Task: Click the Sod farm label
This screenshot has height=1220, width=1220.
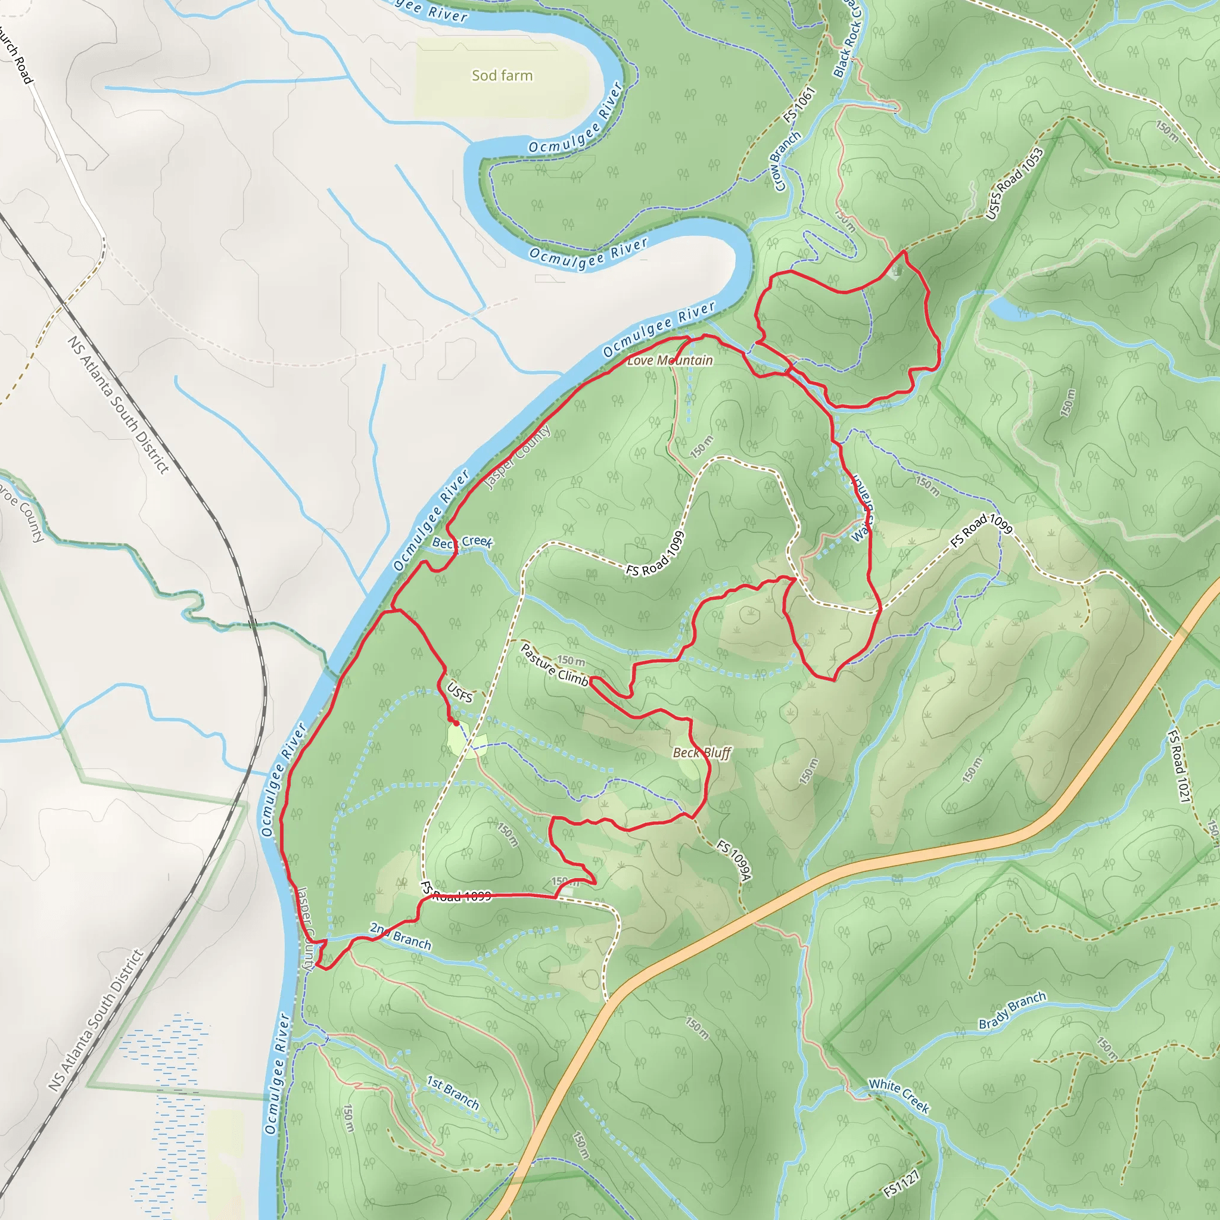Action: coord(502,76)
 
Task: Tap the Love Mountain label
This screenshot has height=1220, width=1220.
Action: coord(670,360)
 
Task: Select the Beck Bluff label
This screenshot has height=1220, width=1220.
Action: coord(702,753)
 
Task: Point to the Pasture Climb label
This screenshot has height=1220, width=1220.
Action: coord(554,665)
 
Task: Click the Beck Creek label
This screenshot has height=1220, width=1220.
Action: coord(462,543)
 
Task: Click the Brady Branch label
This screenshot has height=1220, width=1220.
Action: coord(1012,1010)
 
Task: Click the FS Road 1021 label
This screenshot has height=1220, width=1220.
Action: coord(1178,766)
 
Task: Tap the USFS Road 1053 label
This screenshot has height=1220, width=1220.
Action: coord(1014,183)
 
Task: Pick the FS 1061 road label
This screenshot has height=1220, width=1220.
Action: coord(799,105)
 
